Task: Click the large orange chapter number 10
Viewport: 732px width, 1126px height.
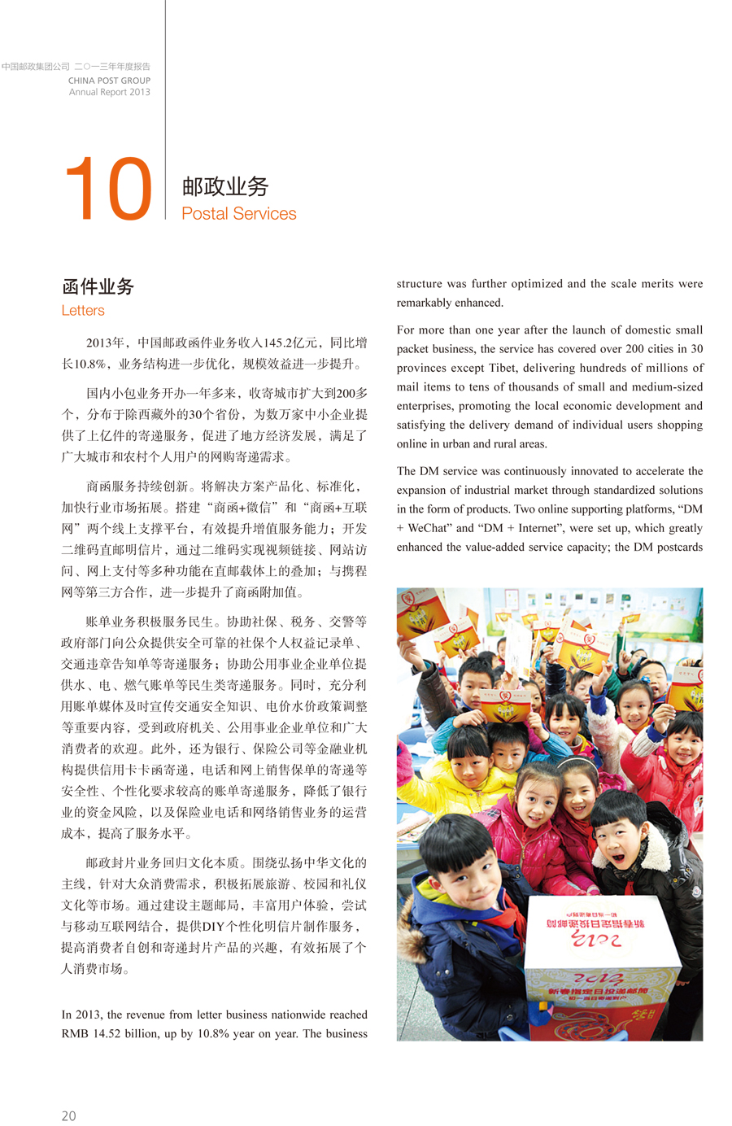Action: click(x=108, y=189)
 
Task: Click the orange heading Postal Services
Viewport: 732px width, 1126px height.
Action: click(x=239, y=214)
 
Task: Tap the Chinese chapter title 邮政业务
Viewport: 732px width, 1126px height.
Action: click(x=225, y=186)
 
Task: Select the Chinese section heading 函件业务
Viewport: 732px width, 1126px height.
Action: click(x=98, y=286)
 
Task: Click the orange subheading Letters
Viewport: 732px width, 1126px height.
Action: click(x=83, y=311)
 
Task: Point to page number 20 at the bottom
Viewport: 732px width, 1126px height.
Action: click(x=69, y=1115)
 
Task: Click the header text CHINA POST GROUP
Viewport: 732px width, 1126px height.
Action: click(x=109, y=81)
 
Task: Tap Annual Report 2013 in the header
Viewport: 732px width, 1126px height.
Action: click(x=109, y=92)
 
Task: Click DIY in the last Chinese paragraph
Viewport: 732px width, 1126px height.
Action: click(x=213, y=927)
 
